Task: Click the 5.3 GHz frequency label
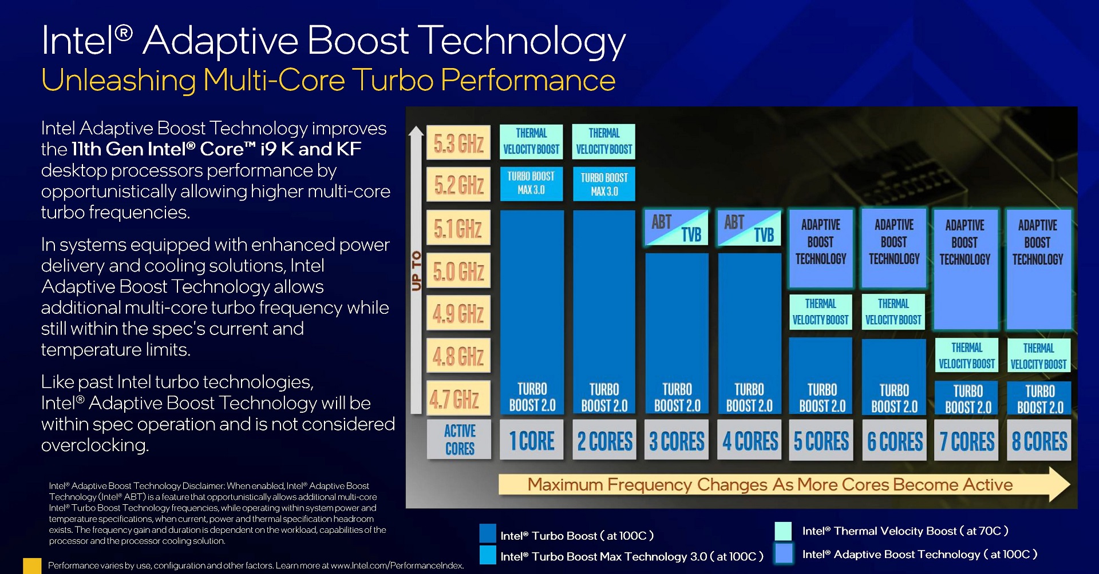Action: pyautogui.click(x=458, y=143)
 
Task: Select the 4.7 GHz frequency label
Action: pyautogui.click(x=458, y=398)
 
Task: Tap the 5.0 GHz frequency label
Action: pyautogui.click(x=458, y=271)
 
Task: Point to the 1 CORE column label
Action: pyautogui.click(x=532, y=440)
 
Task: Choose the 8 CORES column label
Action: pyautogui.click(x=1039, y=440)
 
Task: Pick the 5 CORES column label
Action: pyautogui.click(x=821, y=440)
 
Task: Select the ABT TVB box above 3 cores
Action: pyautogui.click(x=677, y=228)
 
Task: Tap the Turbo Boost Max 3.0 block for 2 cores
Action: pyautogui.click(x=604, y=184)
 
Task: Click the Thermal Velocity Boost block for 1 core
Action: pyautogui.click(x=531, y=141)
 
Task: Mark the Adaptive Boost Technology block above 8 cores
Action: pyautogui.click(x=1038, y=269)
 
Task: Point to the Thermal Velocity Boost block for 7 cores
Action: pyautogui.click(x=967, y=356)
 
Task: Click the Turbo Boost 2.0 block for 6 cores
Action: pyautogui.click(x=894, y=376)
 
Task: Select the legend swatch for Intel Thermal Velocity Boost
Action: pyautogui.click(x=783, y=531)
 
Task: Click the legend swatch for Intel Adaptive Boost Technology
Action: pyautogui.click(x=783, y=553)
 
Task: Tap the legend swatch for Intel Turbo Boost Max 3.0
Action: pyautogui.click(x=488, y=555)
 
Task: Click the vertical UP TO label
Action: pyautogui.click(x=416, y=270)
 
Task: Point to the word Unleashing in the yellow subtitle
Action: pyautogui.click(x=119, y=81)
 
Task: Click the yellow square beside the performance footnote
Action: pyautogui.click(x=32, y=566)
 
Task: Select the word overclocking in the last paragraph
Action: pyautogui.click(x=95, y=445)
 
